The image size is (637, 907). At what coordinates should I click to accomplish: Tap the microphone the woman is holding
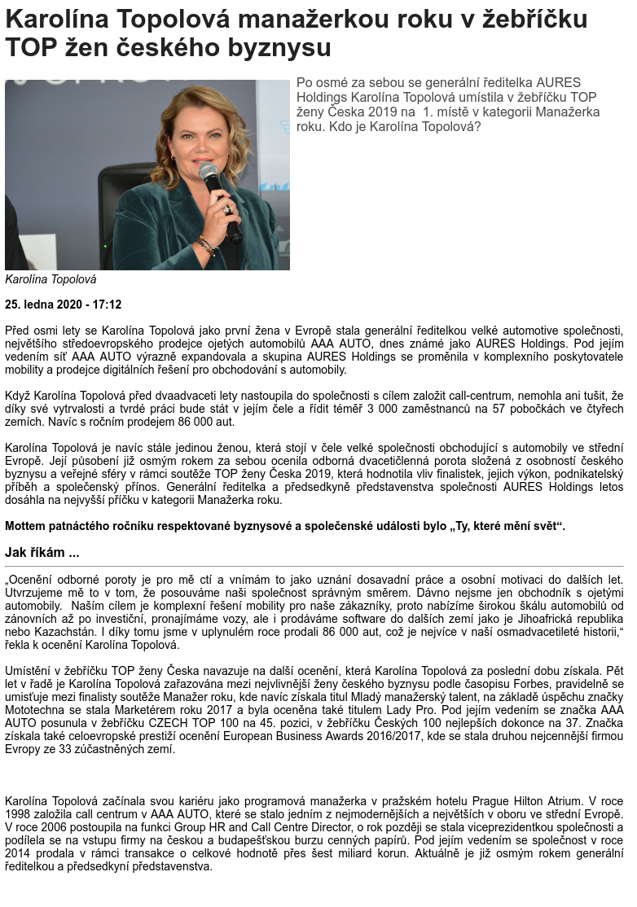click(x=211, y=174)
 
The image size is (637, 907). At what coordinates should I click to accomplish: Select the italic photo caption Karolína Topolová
click(x=51, y=279)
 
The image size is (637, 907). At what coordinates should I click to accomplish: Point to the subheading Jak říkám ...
click(x=42, y=553)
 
